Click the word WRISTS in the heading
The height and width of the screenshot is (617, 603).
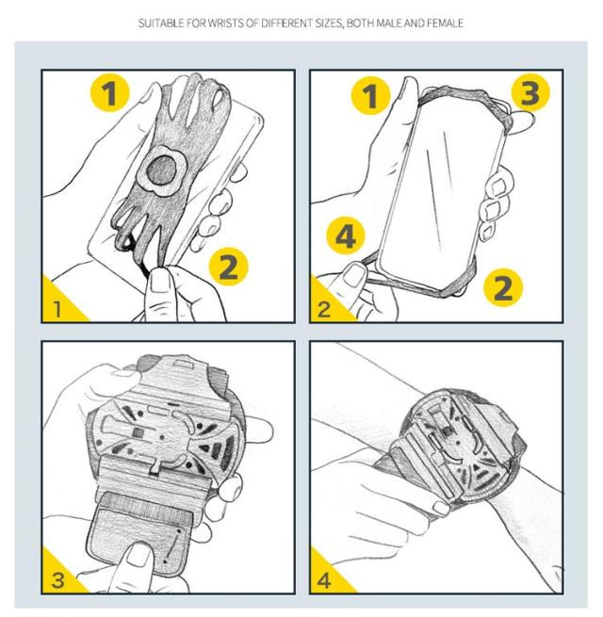(225, 24)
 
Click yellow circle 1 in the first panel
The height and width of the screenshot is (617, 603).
(110, 93)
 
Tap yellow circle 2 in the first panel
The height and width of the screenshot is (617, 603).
(228, 267)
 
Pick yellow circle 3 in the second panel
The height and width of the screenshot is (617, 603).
(530, 93)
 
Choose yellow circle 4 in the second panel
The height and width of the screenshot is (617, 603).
(346, 235)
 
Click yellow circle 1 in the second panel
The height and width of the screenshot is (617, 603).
(370, 96)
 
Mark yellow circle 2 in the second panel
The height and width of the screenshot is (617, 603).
(502, 287)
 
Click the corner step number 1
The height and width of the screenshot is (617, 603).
(57, 309)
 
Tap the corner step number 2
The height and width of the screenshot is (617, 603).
(324, 309)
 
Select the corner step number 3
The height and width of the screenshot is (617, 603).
(57, 580)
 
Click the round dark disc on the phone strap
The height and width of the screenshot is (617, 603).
(161, 170)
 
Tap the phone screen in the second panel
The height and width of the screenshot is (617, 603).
(440, 189)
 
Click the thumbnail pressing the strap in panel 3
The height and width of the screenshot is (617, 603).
(139, 555)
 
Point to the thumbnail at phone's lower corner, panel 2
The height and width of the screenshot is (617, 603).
(355, 275)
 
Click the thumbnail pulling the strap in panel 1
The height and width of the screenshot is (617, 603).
(160, 280)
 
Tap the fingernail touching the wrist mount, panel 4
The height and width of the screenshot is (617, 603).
(441, 508)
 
